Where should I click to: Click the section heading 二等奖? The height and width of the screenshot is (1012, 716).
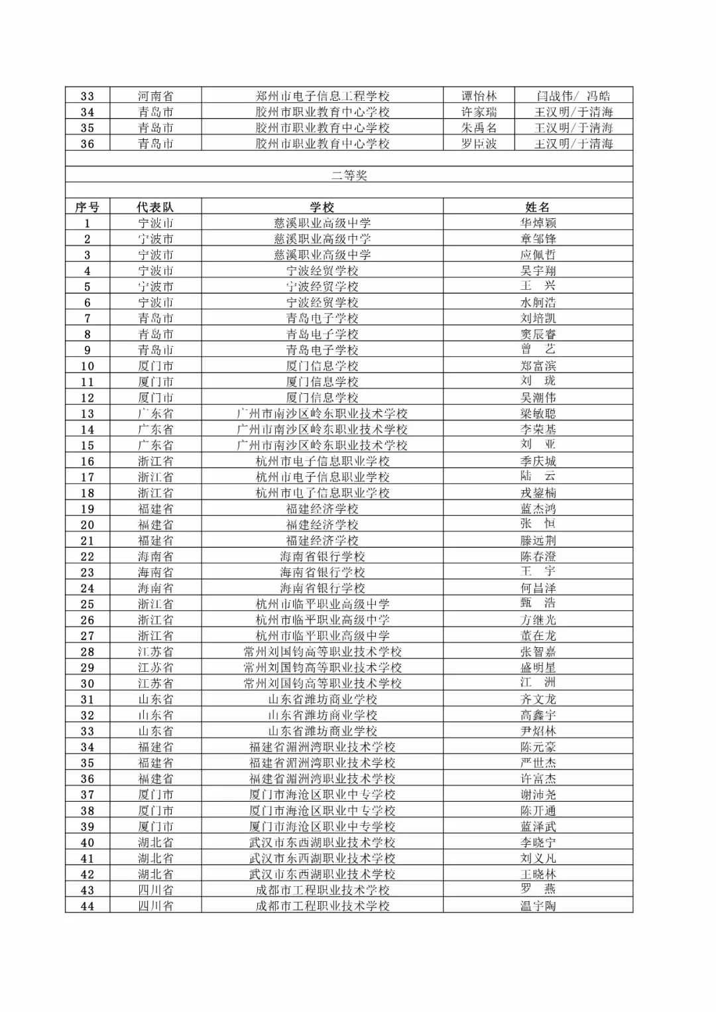point(349,175)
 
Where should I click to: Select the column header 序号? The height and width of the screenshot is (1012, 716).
point(87,207)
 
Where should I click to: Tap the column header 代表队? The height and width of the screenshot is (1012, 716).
point(155,207)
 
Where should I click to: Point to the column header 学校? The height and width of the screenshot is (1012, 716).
point(322,207)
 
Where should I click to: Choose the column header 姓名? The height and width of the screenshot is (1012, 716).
point(538,207)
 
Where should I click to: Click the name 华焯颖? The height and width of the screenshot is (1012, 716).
point(538,223)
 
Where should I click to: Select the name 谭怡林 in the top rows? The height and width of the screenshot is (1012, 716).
point(479,96)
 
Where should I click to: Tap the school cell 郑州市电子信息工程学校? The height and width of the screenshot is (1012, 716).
point(322,96)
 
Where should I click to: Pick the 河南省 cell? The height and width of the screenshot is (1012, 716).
point(155,96)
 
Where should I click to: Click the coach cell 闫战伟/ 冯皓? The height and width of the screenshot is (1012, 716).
point(573,96)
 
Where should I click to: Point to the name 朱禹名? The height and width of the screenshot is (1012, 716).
point(479,128)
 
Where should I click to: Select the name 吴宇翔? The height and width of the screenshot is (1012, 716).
point(538,271)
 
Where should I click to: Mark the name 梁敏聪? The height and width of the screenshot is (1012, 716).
point(538,413)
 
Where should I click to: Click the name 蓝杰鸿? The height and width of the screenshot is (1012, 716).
point(538,509)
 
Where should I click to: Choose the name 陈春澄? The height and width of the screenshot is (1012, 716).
point(538,556)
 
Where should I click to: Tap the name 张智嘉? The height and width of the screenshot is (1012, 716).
point(538,651)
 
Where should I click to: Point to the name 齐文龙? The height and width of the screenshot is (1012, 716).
point(538,699)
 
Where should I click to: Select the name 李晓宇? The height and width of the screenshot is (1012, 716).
point(538,842)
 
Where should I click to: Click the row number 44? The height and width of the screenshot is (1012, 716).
point(87,906)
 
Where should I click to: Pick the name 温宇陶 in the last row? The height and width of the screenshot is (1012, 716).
point(538,906)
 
